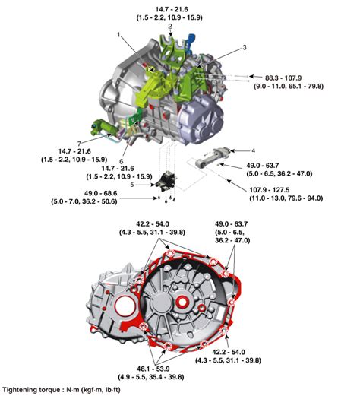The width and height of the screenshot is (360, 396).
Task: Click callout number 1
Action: click(118, 35)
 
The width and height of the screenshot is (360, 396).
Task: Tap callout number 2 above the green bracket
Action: click(170, 27)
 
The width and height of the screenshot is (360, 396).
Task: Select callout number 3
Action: click(245, 47)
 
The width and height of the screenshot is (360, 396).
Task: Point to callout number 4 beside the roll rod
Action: click(253, 151)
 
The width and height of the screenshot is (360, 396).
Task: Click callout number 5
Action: click(132, 185)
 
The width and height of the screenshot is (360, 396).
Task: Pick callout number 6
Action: click(122, 161)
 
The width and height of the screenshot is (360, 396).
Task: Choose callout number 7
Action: click(79, 144)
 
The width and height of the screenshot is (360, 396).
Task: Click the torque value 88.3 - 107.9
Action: click(283, 78)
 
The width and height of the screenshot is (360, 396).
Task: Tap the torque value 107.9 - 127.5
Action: click(270, 190)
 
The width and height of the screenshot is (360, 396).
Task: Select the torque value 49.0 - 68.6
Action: click(101, 193)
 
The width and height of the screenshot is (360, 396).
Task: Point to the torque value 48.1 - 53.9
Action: click(153, 369)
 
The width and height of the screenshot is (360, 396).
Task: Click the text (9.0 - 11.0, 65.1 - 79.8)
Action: click(289, 86)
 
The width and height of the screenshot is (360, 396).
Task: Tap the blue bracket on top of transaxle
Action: click(191, 40)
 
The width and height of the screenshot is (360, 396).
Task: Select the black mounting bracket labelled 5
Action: click(166, 181)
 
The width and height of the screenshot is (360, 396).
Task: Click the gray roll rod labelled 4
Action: click(215, 157)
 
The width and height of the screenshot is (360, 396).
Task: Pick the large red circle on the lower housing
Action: click(125, 306)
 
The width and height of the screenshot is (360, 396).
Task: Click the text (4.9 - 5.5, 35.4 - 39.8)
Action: click(151, 377)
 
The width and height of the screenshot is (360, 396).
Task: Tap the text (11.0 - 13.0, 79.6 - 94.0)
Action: click(286, 198)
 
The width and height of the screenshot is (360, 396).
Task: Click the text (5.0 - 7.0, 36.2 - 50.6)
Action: click(84, 201)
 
